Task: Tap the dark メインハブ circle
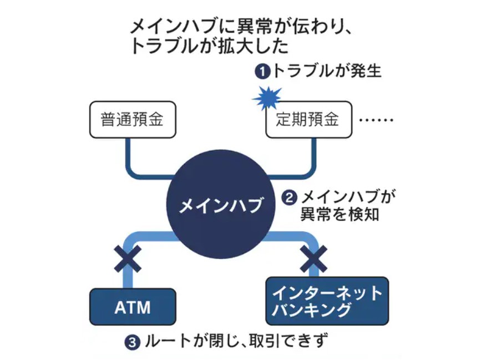point(220,206)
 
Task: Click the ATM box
point(133,306)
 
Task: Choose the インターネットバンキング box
point(327,301)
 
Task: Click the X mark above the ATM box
point(127,257)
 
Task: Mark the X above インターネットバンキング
point(313,256)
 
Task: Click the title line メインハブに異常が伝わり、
point(241,27)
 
